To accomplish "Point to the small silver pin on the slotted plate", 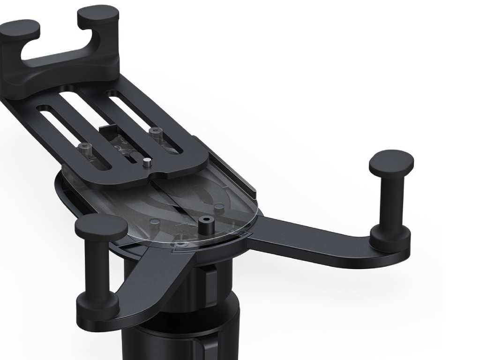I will click(x=147, y=163).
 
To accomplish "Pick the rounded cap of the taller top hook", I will click(x=98, y=15).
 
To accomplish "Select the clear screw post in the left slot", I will click(x=85, y=149).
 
